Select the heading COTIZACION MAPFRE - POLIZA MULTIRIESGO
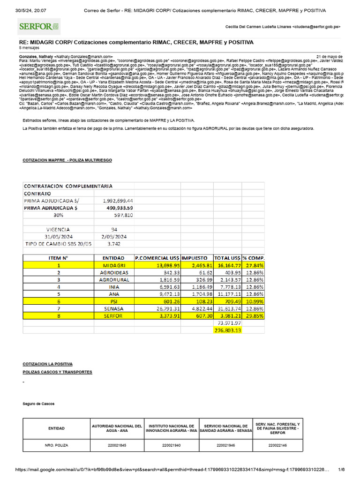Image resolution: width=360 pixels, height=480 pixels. click(x=67, y=160)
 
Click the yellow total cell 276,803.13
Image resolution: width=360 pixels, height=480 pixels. click(x=227, y=330)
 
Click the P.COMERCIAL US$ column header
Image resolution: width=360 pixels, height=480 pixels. click(x=157, y=258)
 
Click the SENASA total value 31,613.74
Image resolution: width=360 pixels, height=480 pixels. click(x=227, y=308)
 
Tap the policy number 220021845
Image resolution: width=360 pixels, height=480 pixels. click(x=117, y=446)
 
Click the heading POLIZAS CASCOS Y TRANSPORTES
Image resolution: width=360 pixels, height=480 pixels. click(x=58, y=372)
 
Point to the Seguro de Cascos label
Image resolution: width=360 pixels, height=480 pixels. click(x=38, y=404)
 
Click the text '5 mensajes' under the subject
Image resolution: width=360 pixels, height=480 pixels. click(x=29, y=48)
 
